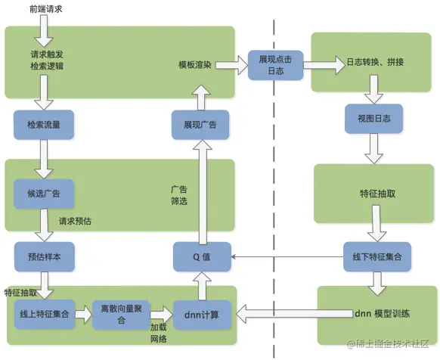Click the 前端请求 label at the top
click(45, 10)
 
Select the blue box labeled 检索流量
click(42, 123)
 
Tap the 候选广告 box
click(43, 193)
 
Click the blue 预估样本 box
click(43, 256)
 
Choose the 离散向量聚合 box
click(122, 314)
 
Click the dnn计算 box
click(201, 314)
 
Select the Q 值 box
click(201, 256)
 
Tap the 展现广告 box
click(200, 123)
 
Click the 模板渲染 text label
click(195, 65)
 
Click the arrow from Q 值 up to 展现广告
click(201, 189)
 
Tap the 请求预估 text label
click(75, 222)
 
